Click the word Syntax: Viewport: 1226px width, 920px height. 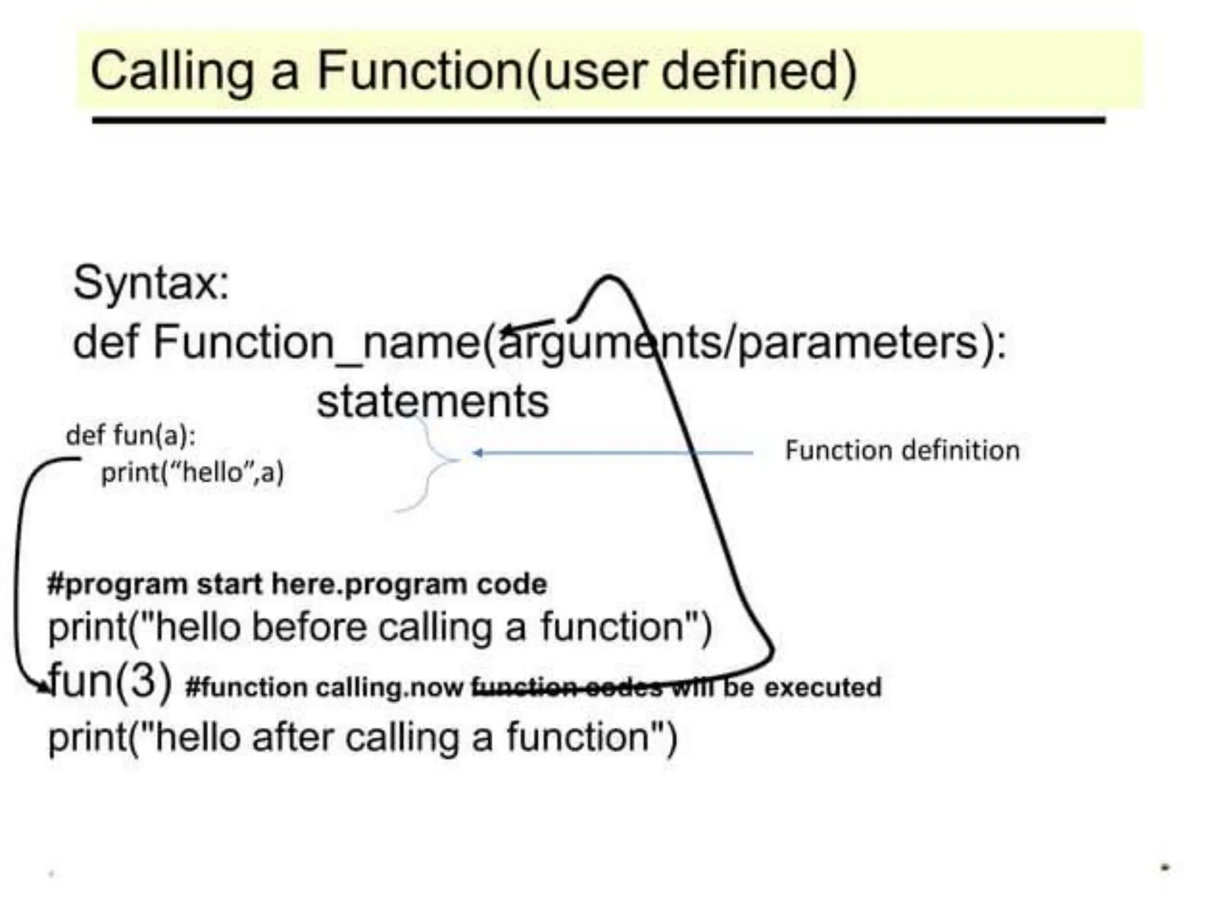[151, 283]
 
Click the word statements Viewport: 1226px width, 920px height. [432, 401]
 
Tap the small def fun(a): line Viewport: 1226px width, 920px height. [131, 435]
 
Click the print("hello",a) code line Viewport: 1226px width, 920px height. [192, 473]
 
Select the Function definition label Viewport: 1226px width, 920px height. [902, 450]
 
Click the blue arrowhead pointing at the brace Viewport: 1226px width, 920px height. [477, 453]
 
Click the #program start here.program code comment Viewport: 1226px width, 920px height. [297, 584]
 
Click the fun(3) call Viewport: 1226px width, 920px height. [110, 681]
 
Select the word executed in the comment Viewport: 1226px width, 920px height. [823, 687]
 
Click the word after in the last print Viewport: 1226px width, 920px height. [292, 737]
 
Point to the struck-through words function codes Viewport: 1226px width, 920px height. [566, 687]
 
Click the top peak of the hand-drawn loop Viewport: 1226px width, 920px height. [609, 277]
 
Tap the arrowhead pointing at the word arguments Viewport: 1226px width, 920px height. [506, 330]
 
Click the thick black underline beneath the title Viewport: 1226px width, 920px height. [599, 120]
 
